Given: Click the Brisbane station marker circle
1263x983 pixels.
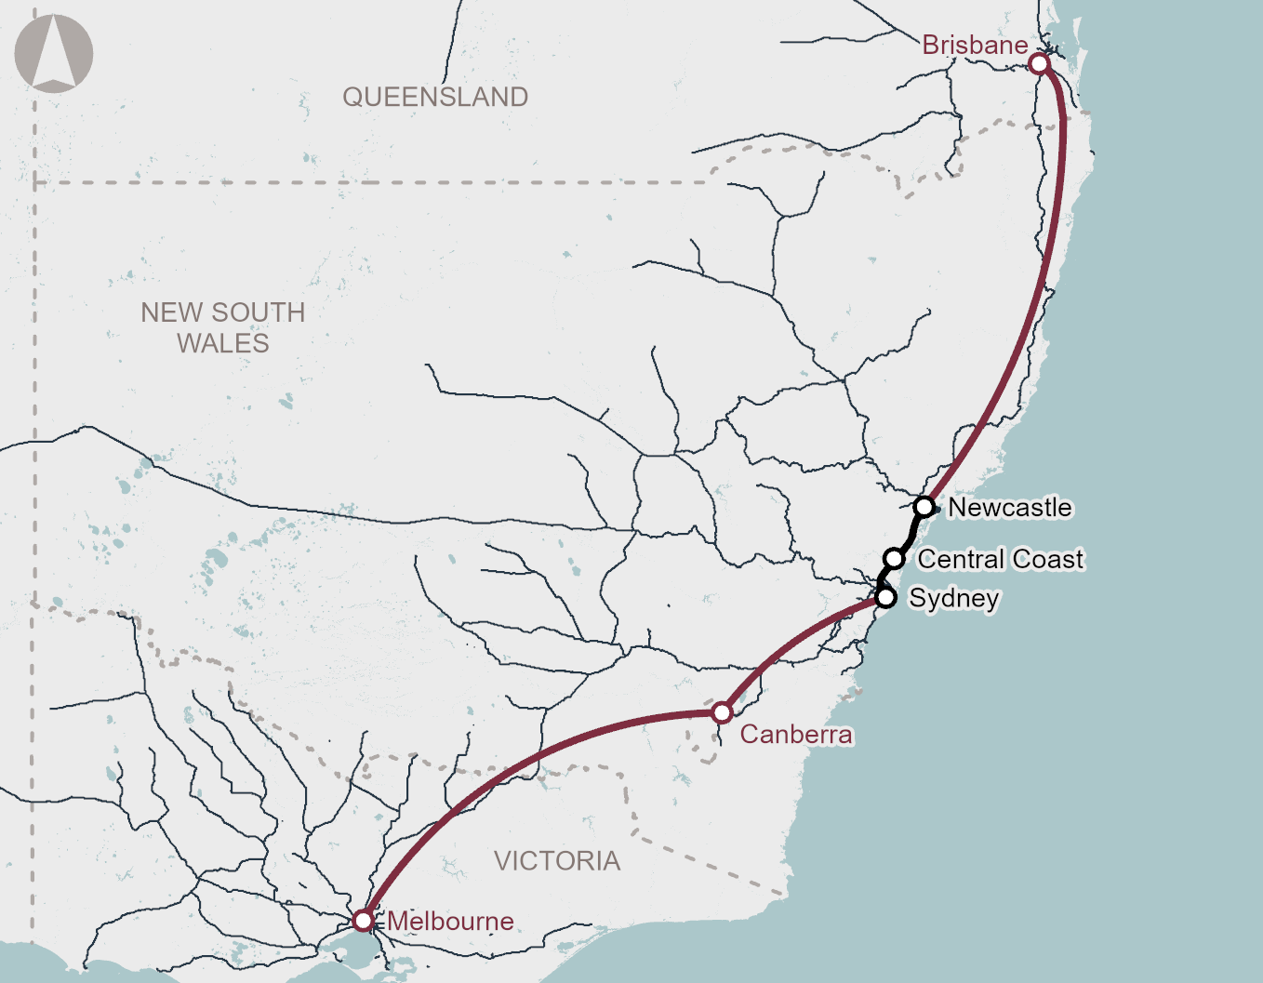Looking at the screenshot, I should (x=1039, y=63).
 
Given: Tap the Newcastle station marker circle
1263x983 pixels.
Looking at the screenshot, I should (x=924, y=507).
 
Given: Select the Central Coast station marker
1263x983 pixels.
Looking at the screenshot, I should (x=894, y=558).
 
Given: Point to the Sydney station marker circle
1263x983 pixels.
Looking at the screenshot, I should (x=885, y=597).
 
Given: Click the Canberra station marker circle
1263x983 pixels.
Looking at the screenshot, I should (x=722, y=713).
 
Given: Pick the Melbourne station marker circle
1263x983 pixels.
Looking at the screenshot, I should (x=363, y=921).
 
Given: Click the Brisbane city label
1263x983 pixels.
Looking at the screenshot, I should (x=975, y=45).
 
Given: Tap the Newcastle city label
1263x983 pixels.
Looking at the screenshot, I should (x=1010, y=508).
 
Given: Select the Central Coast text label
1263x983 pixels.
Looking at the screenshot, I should (x=1001, y=559).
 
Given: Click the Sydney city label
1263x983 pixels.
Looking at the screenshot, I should (x=954, y=598).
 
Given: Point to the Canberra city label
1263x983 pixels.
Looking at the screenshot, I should (x=796, y=735).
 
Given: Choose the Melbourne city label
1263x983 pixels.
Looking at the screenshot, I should (x=450, y=922).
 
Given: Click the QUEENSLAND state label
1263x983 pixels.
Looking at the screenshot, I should (x=435, y=97).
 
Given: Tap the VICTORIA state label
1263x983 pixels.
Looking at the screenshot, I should (x=557, y=861).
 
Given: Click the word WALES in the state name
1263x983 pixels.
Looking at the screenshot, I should (x=223, y=343).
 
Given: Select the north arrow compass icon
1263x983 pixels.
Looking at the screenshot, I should (x=54, y=53).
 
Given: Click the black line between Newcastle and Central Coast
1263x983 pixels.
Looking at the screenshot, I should (x=911, y=533).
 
